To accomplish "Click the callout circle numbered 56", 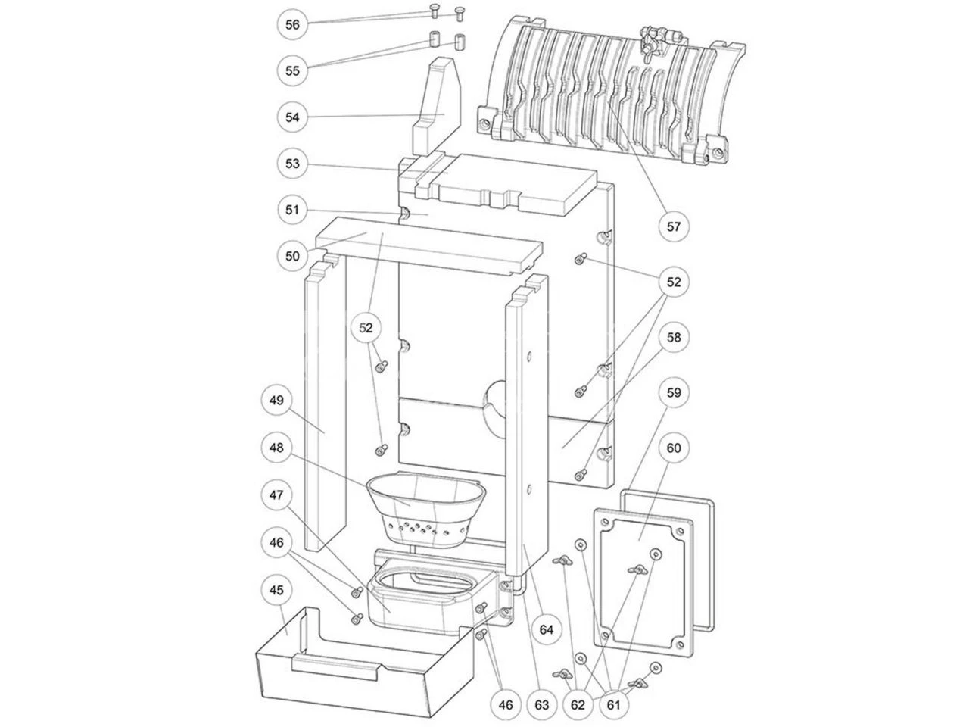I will coord(292,25).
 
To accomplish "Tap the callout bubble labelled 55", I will coord(292,71).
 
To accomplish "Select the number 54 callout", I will coord(292,117).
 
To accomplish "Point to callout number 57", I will coord(673,225).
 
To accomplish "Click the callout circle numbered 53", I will coord(292,164).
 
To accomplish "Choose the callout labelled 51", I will coord(292,210).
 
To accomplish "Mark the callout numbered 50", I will coord(292,256).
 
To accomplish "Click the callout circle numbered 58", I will coord(673,336).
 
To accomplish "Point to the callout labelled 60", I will coord(673,448).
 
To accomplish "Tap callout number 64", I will coord(547,629).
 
